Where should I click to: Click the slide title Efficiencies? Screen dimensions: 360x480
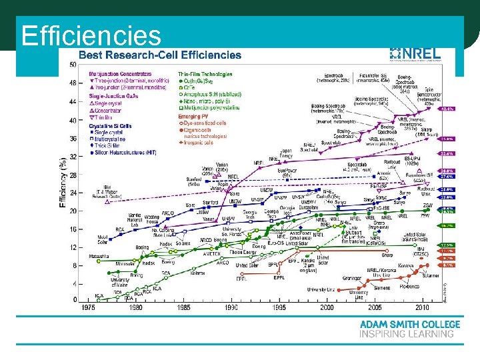click(91, 35)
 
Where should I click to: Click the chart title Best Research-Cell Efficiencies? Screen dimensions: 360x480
click(160, 55)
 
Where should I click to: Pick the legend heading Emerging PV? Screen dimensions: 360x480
click(194, 117)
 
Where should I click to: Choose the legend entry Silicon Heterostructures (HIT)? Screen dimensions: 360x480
click(127, 153)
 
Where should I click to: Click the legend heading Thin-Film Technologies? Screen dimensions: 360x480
click(205, 73)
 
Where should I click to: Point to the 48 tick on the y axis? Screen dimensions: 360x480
click(72, 84)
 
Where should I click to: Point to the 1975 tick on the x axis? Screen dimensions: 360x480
click(88, 307)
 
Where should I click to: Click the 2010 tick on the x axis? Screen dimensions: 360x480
click(422, 307)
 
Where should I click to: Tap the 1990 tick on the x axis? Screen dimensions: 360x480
click(231, 307)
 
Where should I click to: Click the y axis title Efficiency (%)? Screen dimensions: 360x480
click(63, 181)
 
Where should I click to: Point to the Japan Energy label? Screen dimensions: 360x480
click(285, 153)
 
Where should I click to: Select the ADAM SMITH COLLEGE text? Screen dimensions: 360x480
click(409, 325)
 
